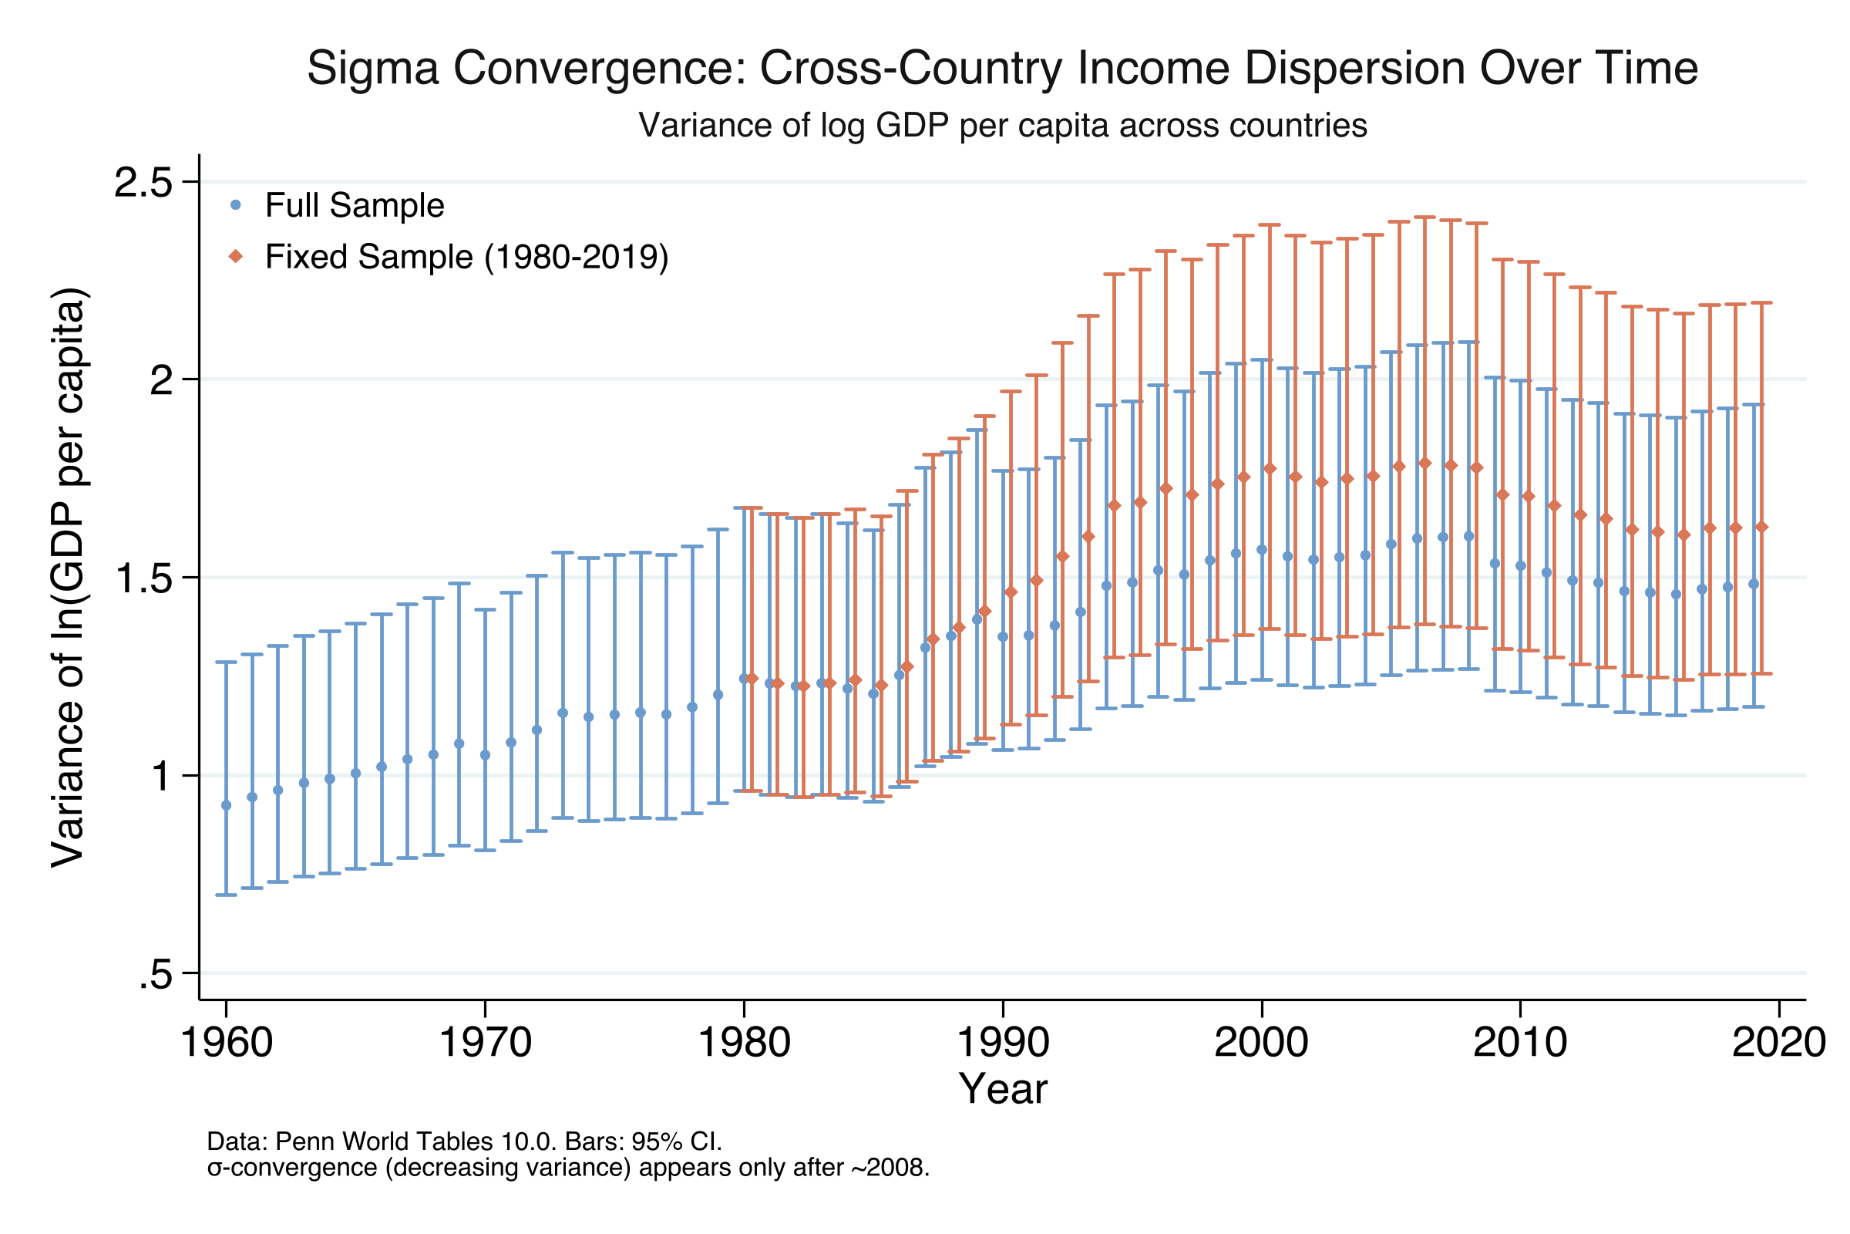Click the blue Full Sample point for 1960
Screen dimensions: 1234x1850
(227, 805)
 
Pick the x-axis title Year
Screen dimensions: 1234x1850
(1003, 1090)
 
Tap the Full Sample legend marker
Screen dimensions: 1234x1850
(235, 205)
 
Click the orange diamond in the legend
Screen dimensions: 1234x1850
(235, 257)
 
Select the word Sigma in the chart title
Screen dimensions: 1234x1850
(372, 68)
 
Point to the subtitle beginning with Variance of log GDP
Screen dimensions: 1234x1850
(1003, 125)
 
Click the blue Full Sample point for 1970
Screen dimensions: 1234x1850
(486, 755)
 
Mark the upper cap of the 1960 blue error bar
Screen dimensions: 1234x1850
(227, 663)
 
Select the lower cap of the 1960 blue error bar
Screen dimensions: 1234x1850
(227, 895)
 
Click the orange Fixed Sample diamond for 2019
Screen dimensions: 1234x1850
(1762, 527)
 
